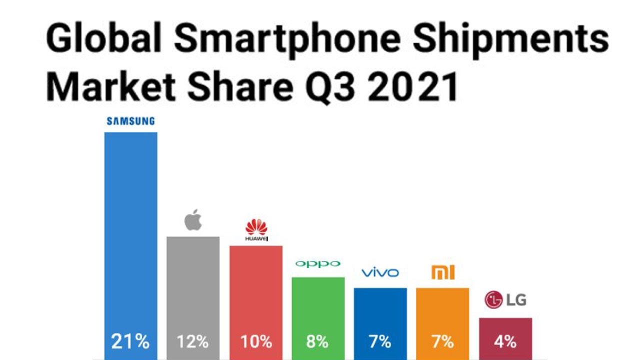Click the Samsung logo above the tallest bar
click(x=130, y=121)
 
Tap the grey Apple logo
click(x=193, y=220)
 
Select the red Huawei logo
click(x=256, y=230)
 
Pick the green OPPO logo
click(x=317, y=264)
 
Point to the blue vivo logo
click(x=380, y=272)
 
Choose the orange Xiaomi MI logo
click(x=442, y=272)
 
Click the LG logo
click(x=505, y=300)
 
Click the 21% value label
click(x=130, y=342)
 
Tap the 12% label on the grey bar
click(x=192, y=342)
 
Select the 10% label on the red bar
click(x=256, y=342)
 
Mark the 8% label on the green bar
click(x=317, y=342)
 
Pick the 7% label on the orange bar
click(x=442, y=342)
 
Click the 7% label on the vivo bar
click(x=380, y=342)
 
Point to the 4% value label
click(x=505, y=342)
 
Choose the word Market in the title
click(x=111, y=86)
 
